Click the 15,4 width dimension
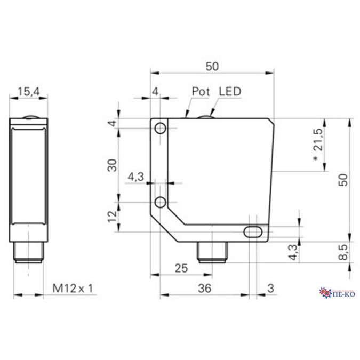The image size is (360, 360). (x=28, y=92)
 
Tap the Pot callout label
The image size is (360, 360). (x=201, y=91)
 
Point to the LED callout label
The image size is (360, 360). (x=230, y=91)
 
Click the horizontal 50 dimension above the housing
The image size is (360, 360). (x=212, y=66)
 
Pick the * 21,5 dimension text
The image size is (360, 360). (x=318, y=145)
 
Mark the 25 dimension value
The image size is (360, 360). (x=181, y=268)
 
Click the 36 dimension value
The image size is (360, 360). (x=204, y=289)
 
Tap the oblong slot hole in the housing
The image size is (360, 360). (x=253, y=231)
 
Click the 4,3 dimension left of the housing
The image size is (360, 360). (x=136, y=177)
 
